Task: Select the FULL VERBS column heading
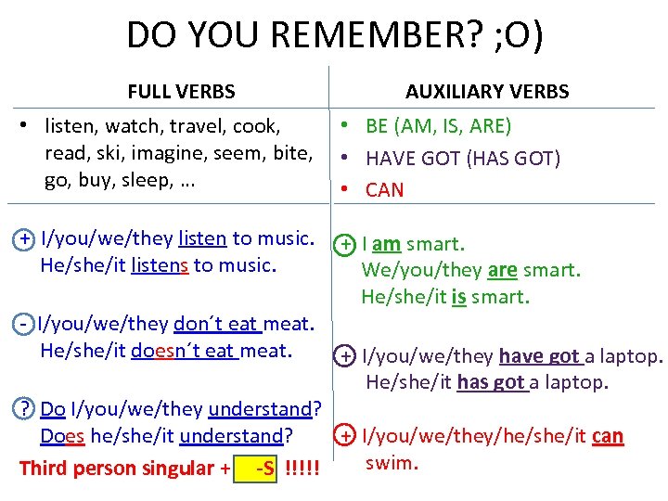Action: pos(181,92)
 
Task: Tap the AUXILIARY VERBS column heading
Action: pos(487,92)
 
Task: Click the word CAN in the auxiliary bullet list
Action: pos(385,190)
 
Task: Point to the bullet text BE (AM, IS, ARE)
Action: pos(439,126)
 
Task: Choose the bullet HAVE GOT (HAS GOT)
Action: pos(463,159)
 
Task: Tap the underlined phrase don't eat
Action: pos(217,324)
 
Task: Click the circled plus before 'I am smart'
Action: pos(345,245)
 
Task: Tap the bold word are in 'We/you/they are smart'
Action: pos(502,270)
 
